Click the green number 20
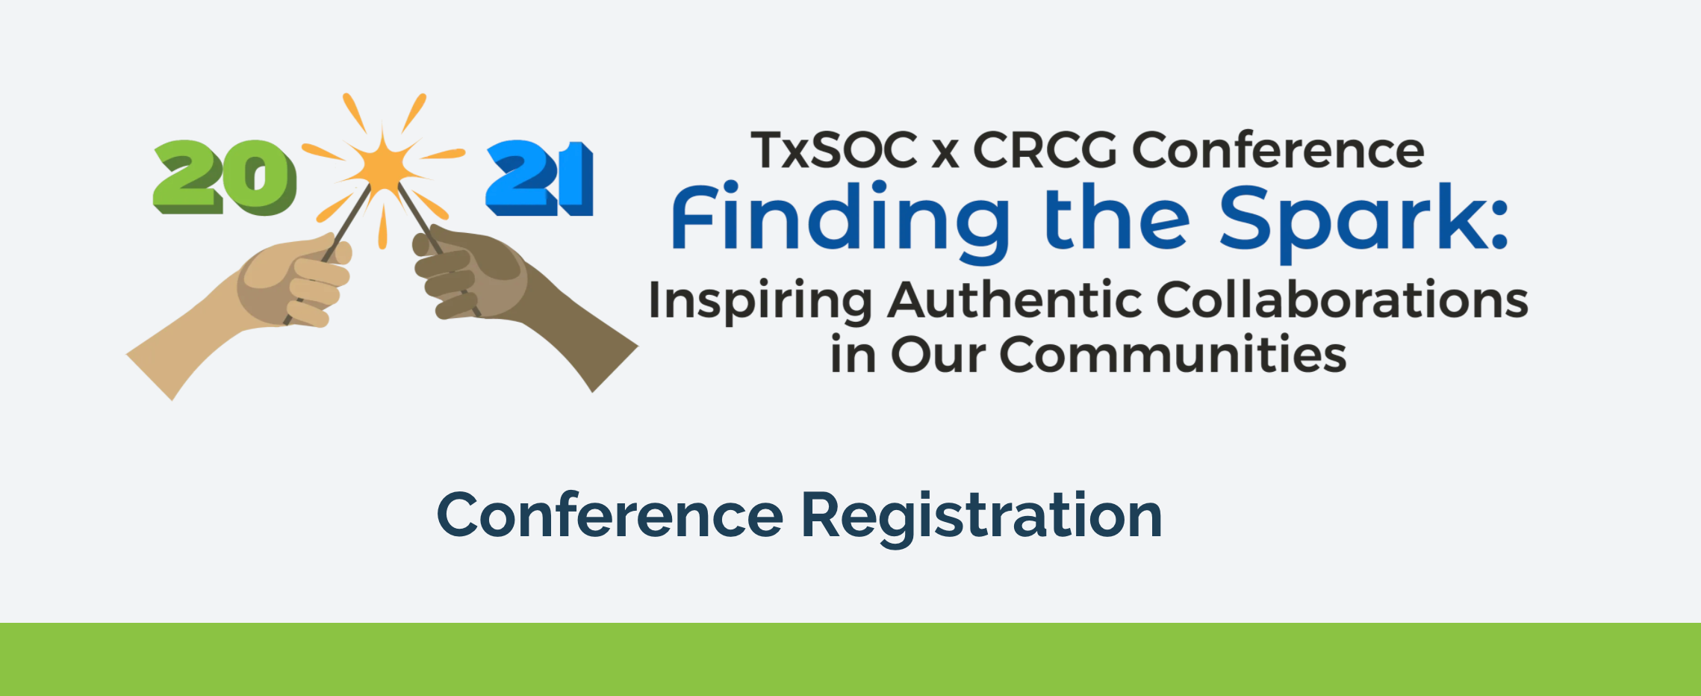tap(225, 178)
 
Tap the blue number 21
tap(540, 178)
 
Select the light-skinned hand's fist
tap(295, 280)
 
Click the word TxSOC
tap(834, 150)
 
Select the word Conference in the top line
tap(1278, 150)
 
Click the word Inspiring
tap(760, 302)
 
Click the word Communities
tap(1173, 354)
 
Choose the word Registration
tap(981, 518)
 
